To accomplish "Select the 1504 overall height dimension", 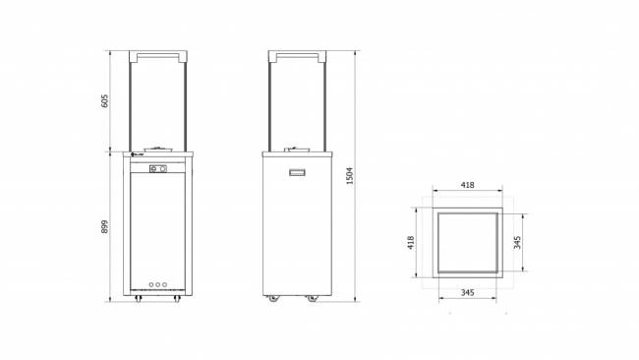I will pyautogui.click(x=350, y=175).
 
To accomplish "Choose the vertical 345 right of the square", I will pyautogui.click(x=518, y=243).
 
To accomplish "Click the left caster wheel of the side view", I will pyautogui.click(x=271, y=298).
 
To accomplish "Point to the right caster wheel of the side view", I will pyautogui.click(x=312, y=298).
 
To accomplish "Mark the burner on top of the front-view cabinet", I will pyautogui.click(x=162, y=149).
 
